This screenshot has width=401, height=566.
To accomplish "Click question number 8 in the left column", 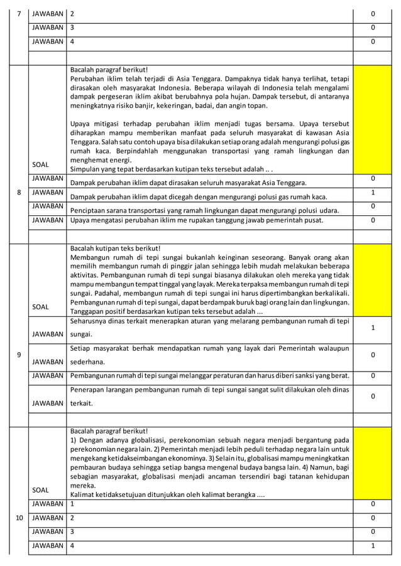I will tap(18, 193).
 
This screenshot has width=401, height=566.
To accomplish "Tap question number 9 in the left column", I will tap(18, 355).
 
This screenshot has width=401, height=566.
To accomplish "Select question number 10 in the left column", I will tap(18, 518).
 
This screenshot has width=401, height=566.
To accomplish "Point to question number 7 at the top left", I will tap(18, 13).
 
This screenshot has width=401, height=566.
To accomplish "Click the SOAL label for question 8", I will tap(40, 164).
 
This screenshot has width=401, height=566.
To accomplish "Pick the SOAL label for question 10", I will tap(40, 489).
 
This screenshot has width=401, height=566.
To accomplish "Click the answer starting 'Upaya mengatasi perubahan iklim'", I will tap(195, 220).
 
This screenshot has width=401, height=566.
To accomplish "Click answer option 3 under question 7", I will tap(72, 28).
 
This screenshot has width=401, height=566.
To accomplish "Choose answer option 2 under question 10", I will tap(72, 518).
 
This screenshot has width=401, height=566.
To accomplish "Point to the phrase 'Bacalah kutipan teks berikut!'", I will tap(116, 249).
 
